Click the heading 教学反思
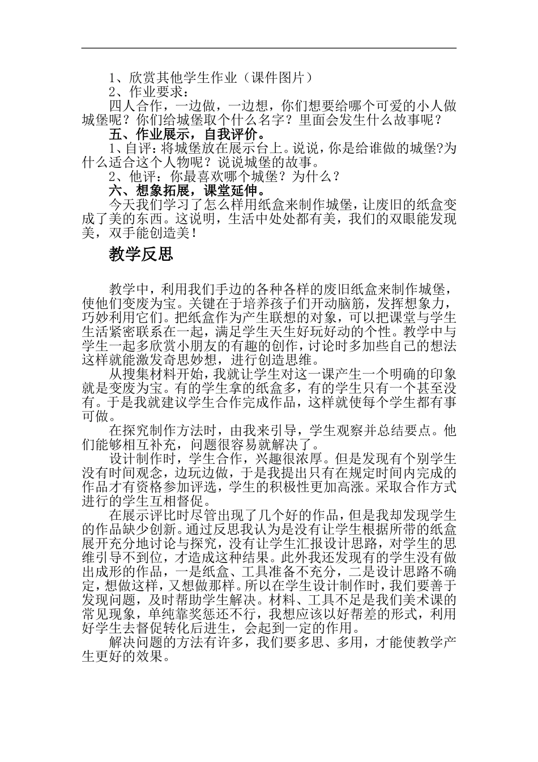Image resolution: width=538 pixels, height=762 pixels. pos(140,255)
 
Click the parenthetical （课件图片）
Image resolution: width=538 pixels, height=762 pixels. pos(275,78)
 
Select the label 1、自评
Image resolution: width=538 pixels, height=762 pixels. pos(129,149)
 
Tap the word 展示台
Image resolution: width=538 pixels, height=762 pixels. pos(268,149)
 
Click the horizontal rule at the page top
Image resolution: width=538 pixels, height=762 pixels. pos(269,48)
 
